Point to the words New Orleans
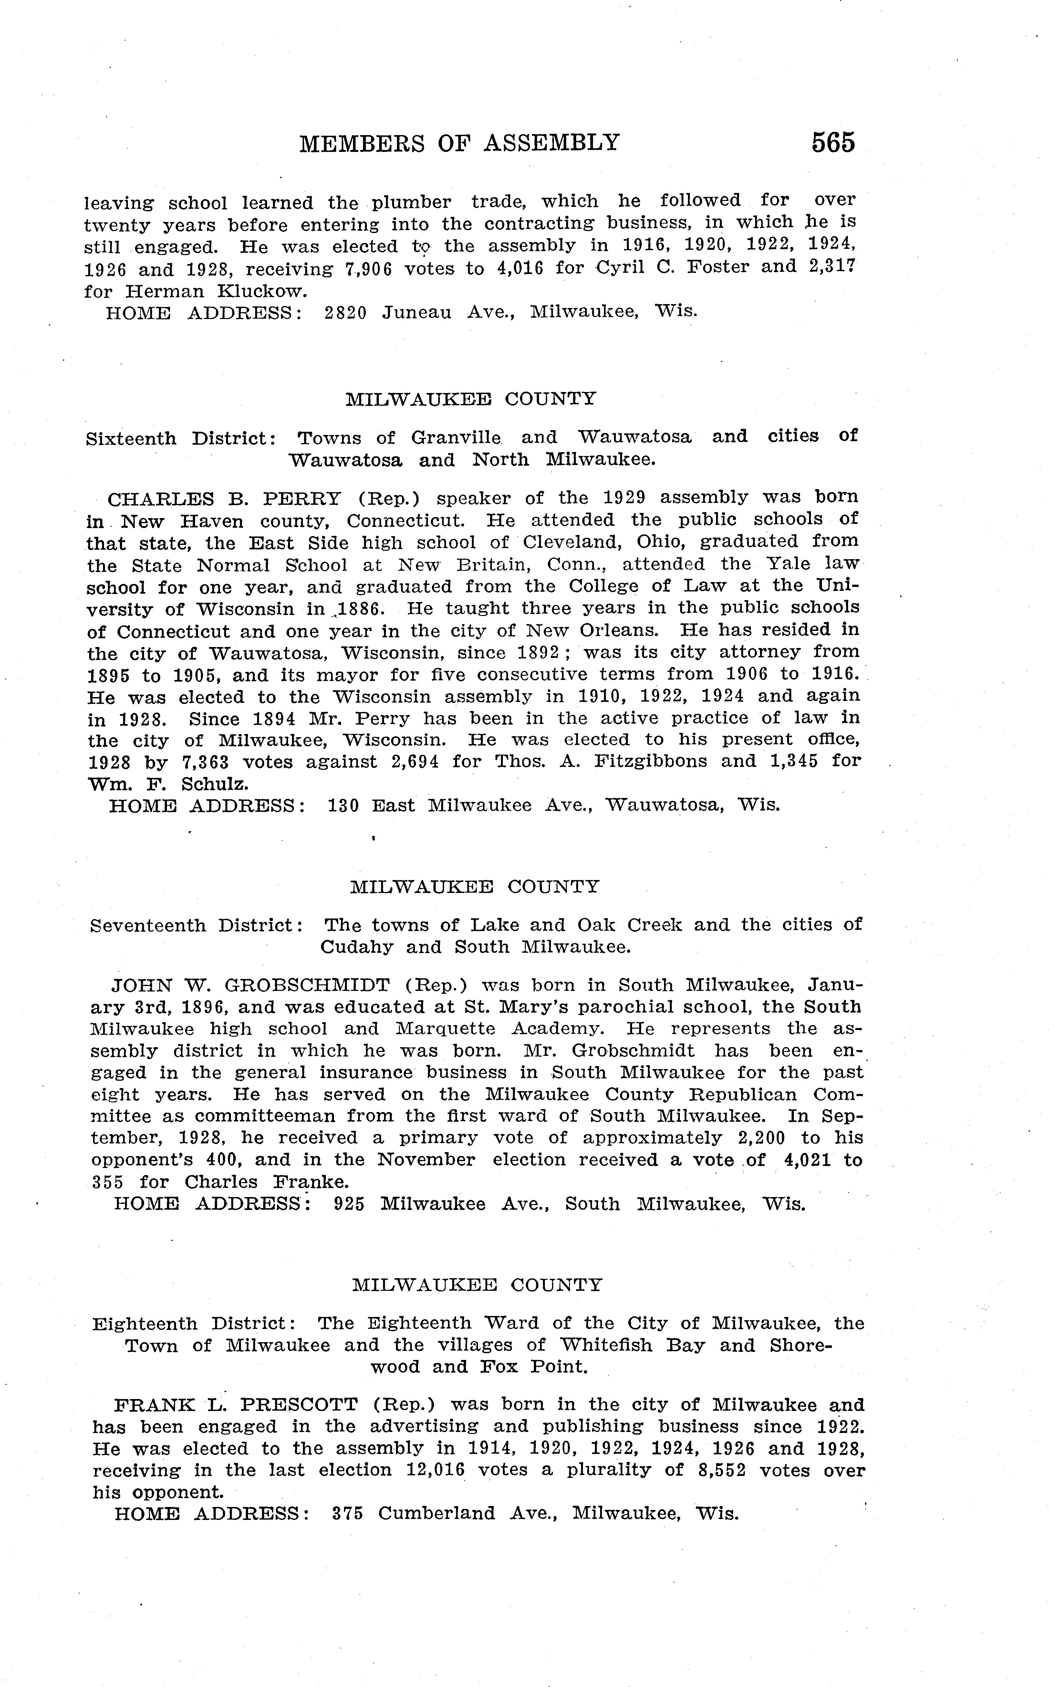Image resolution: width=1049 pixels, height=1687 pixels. coord(599,631)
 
